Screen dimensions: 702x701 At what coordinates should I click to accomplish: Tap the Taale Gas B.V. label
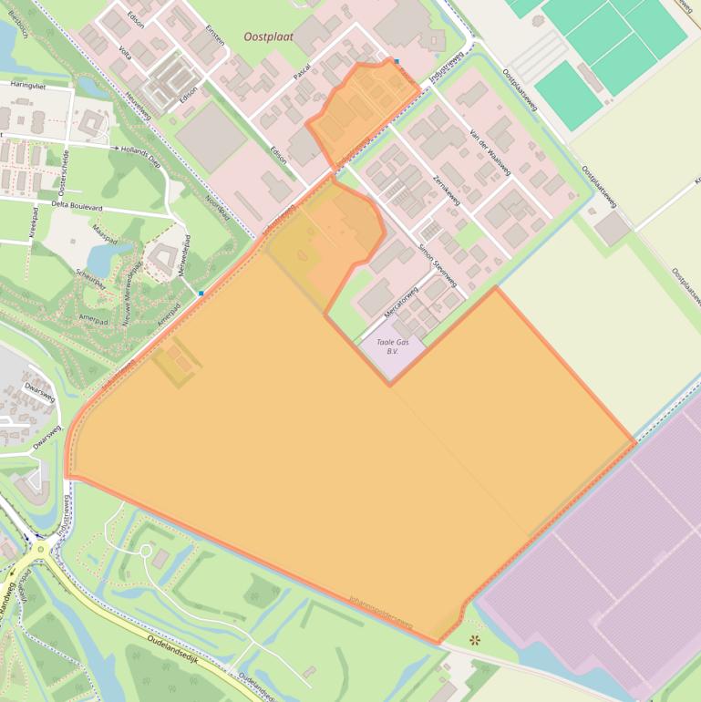[x=393, y=346]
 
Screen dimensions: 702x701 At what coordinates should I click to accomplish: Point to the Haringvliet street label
[x=28, y=83]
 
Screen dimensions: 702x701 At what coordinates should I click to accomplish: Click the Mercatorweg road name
[x=400, y=302]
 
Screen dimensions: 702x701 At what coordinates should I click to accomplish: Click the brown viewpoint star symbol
[x=473, y=640]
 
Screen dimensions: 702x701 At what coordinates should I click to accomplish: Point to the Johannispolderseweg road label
[x=380, y=614]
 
